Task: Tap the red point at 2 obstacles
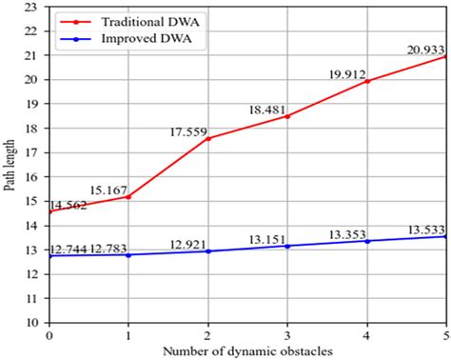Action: (207, 138)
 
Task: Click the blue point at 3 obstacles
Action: (287, 246)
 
